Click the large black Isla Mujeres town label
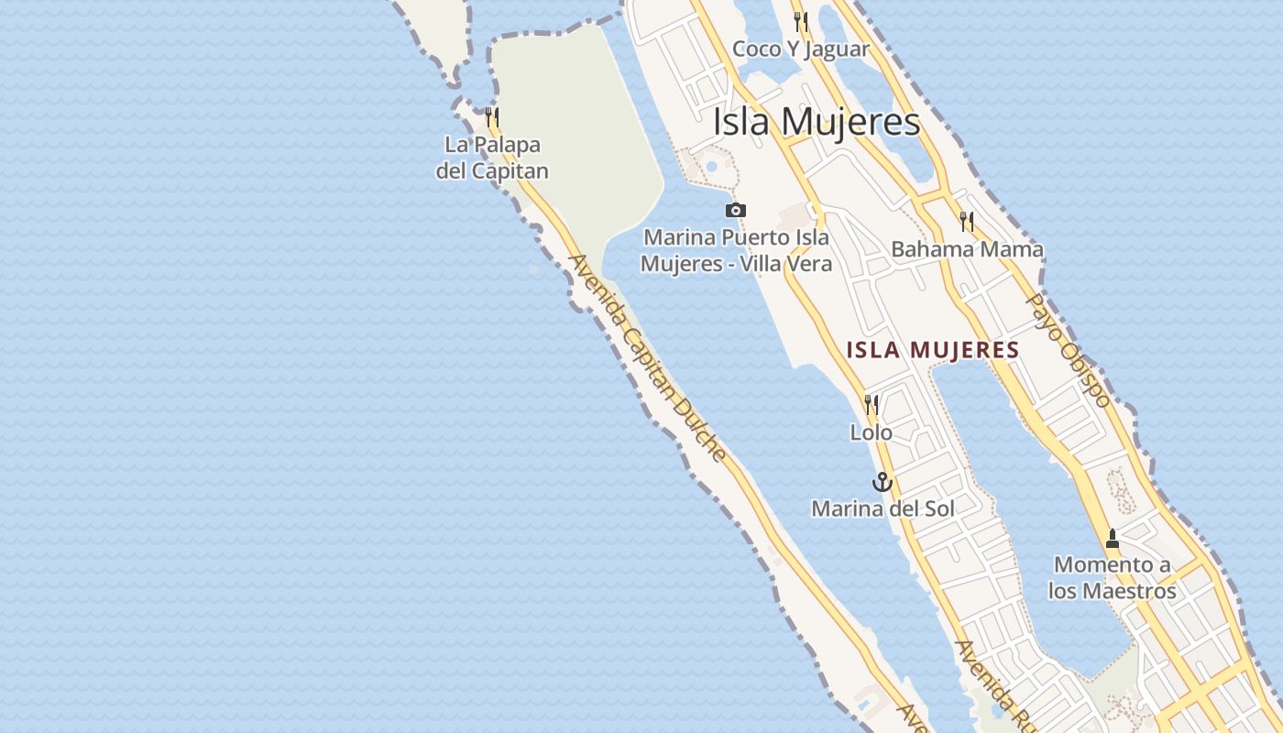817,122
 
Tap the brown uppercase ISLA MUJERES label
933,350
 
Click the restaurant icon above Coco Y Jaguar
802,21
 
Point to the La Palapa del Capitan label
492,158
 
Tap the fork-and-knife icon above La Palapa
492,117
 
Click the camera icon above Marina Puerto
735,211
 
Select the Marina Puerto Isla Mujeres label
736,250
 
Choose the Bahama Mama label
967,249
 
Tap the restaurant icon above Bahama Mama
967,221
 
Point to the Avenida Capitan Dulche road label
648,358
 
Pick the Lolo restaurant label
872,432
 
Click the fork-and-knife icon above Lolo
872,404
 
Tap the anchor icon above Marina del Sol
882,482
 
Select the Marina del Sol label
883,509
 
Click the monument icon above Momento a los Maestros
1113,539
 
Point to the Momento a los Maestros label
1113,578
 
